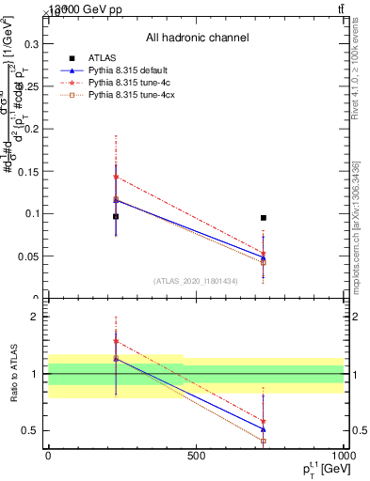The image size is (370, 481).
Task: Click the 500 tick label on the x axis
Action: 196,456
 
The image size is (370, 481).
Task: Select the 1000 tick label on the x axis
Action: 342,456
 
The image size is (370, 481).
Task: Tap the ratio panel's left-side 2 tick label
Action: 35,317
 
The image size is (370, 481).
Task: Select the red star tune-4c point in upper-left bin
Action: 116,177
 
